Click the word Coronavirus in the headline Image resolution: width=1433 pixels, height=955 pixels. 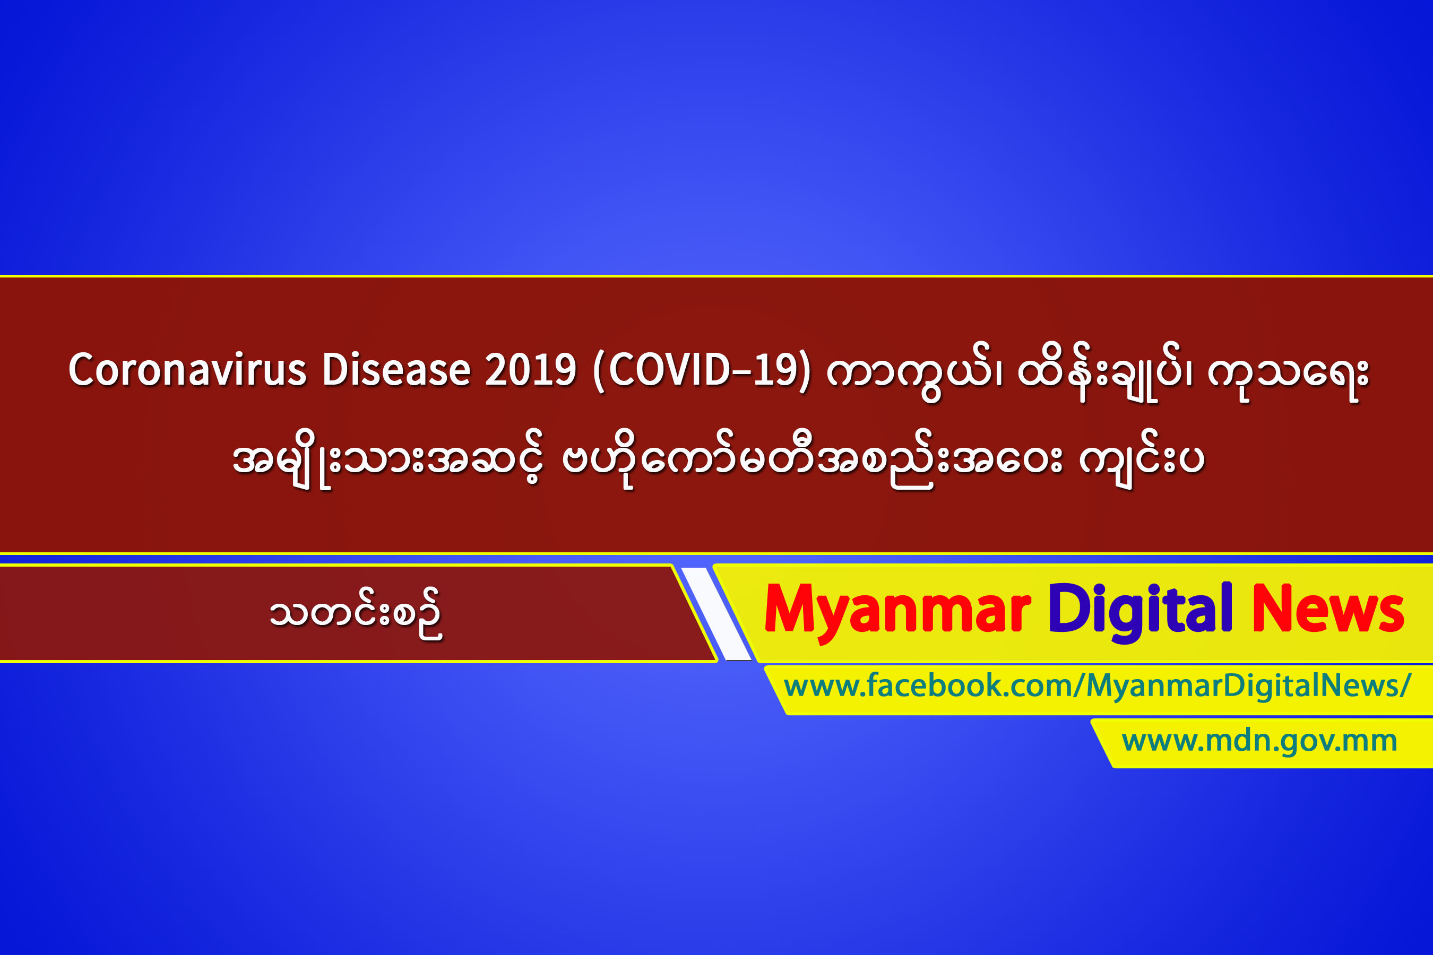pos(187,370)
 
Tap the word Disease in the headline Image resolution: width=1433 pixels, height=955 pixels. pos(396,370)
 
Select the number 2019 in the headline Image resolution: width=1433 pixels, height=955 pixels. pos(530,370)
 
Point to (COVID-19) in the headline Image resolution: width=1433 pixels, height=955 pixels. pos(701,371)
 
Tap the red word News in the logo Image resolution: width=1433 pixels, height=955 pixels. pos(1328,609)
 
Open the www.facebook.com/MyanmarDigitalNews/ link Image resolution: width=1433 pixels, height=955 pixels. pos(1097,687)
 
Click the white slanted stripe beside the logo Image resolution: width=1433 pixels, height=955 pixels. pos(716,613)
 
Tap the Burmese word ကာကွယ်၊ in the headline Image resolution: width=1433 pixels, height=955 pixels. pos(914,373)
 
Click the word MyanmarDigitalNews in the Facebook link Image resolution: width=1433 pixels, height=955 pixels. pos(1243,687)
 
